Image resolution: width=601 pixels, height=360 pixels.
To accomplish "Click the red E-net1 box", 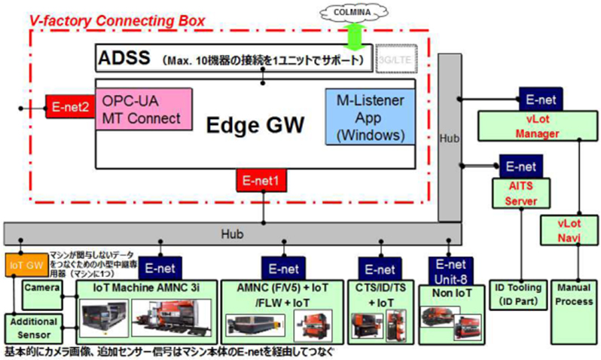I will click(x=263, y=180).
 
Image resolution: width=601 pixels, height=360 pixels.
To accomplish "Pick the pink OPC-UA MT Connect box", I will click(x=142, y=110).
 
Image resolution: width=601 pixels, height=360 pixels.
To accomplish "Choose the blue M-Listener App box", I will click(x=369, y=117).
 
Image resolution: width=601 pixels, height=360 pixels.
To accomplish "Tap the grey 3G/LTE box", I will click(x=390, y=57).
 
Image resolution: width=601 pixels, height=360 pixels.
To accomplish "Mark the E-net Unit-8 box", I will click(x=453, y=269).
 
